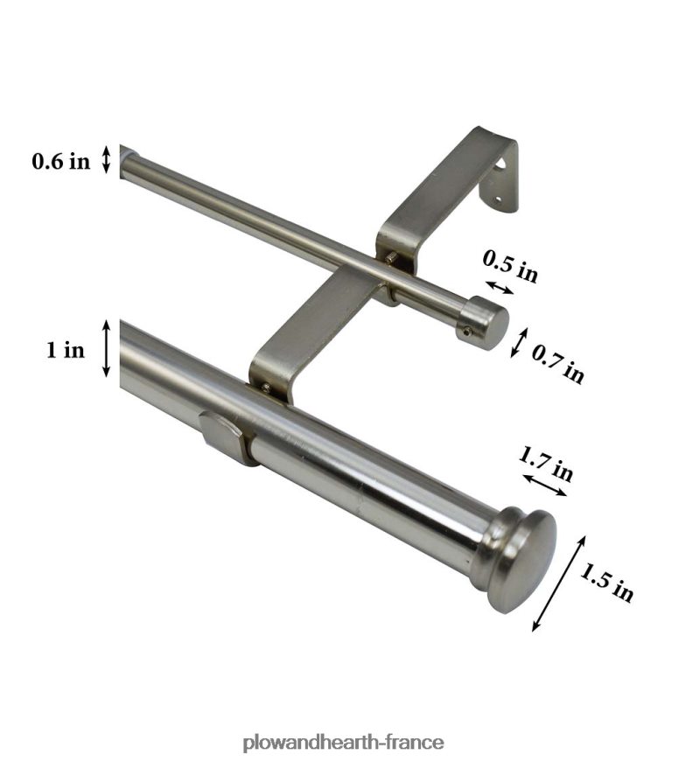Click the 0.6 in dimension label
tap(61, 160)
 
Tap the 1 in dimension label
tap(65, 349)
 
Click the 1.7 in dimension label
tap(546, 464)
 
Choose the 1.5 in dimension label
tap(607, 582)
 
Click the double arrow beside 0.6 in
tap(107, 159)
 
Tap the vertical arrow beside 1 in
tap(107, 348)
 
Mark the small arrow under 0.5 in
tap(500, 287)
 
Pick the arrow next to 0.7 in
tap(519, 343)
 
